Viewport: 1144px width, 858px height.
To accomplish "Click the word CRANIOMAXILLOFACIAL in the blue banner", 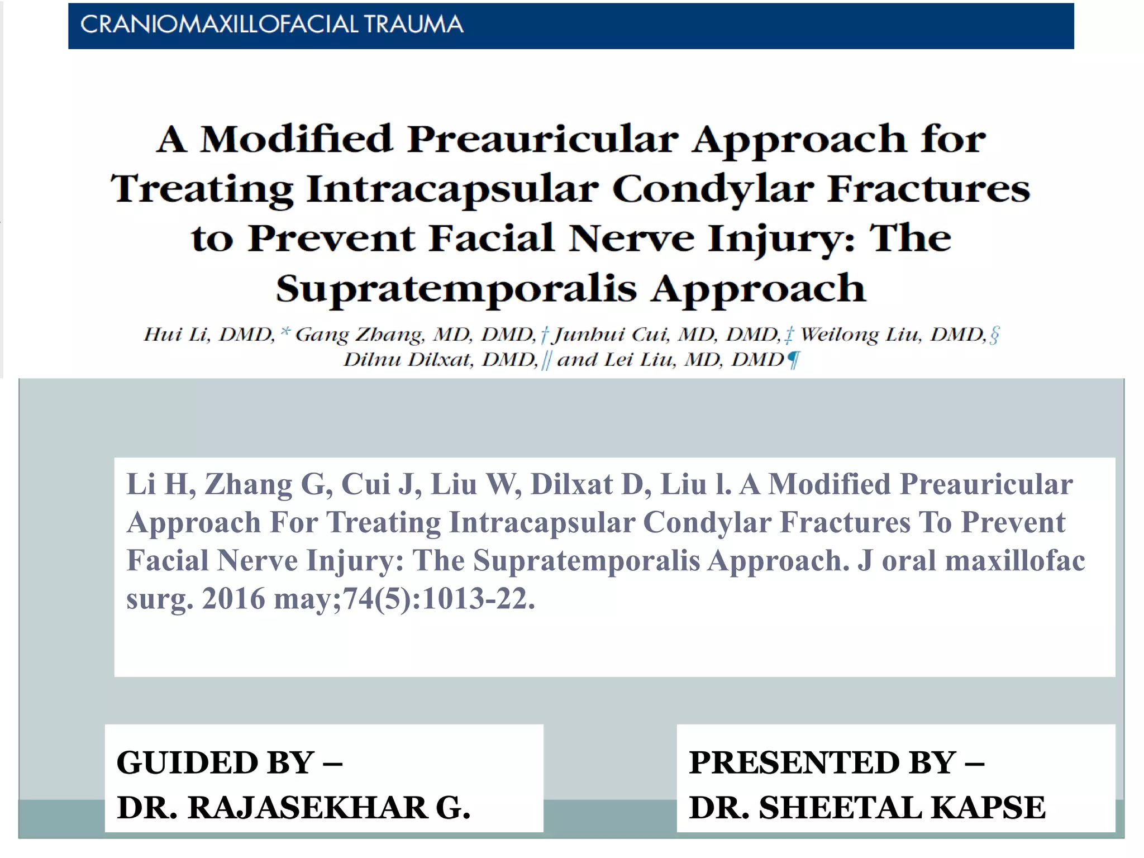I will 219,25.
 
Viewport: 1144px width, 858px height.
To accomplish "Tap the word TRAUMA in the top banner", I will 413,25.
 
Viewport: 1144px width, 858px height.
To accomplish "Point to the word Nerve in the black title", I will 631,239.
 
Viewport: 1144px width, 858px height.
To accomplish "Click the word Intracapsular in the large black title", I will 452,189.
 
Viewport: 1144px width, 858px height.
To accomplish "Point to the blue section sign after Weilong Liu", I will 994,335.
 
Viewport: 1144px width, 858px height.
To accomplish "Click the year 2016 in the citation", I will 233,599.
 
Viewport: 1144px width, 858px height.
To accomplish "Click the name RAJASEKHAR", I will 307,808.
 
